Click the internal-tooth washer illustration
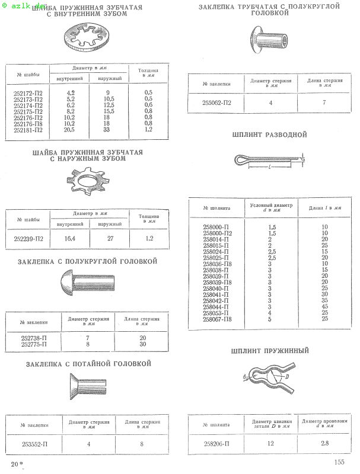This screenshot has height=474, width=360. (x=88, y=37)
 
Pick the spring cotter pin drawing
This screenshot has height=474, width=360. (x=270, y=379)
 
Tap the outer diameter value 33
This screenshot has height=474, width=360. (x=107, y=129)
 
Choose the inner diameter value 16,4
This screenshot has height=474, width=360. (x=69, y=239)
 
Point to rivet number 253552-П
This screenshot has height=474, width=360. (x=34, y=443)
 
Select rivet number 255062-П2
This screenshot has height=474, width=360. (x=217, y=103)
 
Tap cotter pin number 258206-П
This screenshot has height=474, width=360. (x=217, y=443)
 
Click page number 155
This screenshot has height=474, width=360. (x=339, y=462)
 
